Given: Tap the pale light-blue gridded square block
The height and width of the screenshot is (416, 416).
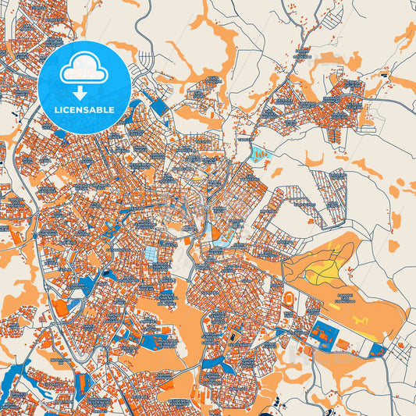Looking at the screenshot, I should [151, 254].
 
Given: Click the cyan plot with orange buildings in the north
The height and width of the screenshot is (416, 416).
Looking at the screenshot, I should [261, 154].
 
